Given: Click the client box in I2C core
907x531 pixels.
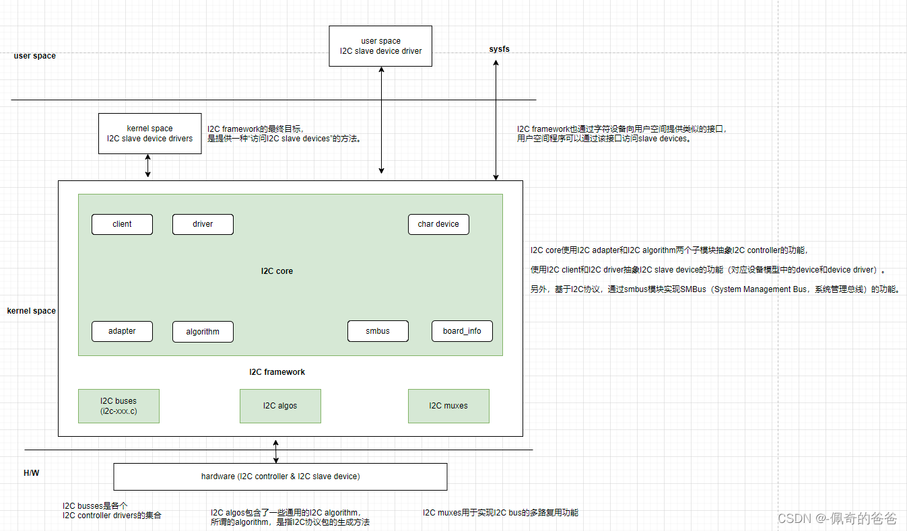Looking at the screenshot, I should click(122, 224).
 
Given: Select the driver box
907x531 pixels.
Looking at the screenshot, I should click(203, 224).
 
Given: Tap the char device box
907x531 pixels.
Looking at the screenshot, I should click(438, 224).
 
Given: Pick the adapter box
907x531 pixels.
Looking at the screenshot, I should click(122, 331).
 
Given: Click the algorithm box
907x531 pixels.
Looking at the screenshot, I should click(203, 332).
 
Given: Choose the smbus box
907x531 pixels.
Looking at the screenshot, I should click(378, 331).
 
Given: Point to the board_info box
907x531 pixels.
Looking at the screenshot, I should click(462, 331).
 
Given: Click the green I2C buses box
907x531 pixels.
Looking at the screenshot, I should click(119, 406).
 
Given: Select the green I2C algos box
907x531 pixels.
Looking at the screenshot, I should click(280, 406).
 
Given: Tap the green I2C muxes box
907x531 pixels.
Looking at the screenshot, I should click(448, 406).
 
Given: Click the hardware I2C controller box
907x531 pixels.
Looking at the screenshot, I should click(280, 476).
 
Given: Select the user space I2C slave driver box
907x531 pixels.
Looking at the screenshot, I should click(380, 46).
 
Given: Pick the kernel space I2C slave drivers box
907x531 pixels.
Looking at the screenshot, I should click(149, 133).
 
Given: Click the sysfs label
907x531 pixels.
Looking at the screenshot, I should click(499, 50).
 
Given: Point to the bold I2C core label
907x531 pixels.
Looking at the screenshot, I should click(277, 271).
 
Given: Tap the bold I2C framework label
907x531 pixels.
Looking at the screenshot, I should click(277, 372).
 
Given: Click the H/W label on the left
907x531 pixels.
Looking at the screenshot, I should click(32, 473).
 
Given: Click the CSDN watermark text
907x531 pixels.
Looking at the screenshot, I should click(837, 518).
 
